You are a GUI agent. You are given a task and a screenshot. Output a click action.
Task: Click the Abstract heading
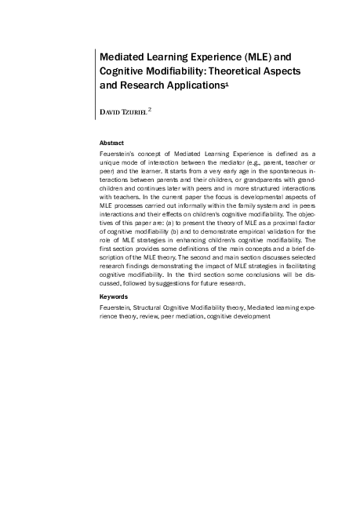coord(112,143)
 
